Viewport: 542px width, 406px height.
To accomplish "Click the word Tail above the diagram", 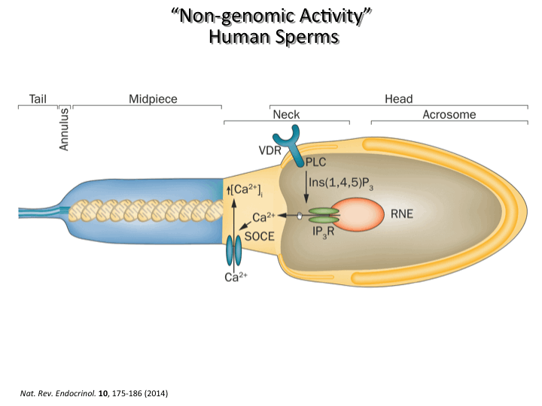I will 38,98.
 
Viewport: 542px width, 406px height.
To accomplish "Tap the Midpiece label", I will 153,98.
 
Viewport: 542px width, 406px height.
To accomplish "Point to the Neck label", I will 286,114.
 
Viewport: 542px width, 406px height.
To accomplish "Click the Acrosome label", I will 449,114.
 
